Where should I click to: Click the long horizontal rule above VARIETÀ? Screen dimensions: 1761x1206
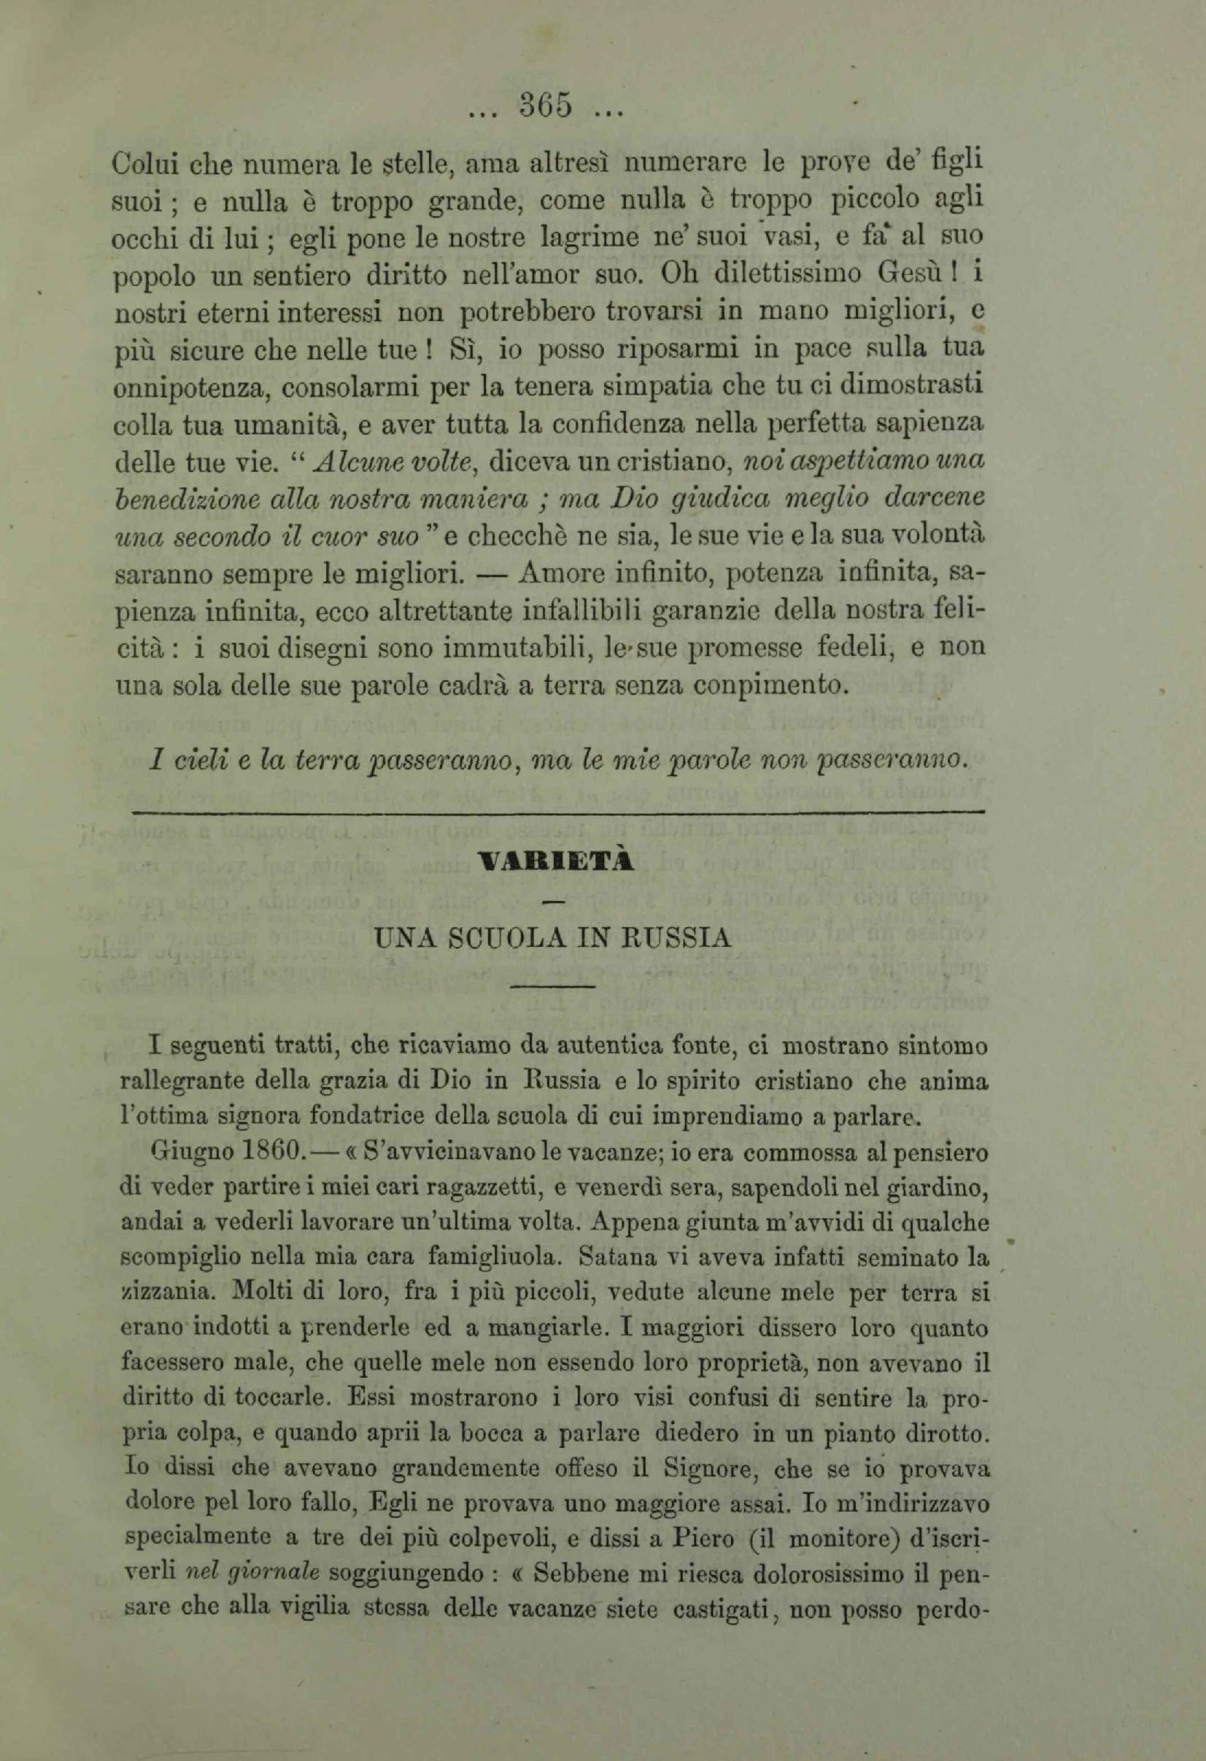[x=557, y=813]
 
